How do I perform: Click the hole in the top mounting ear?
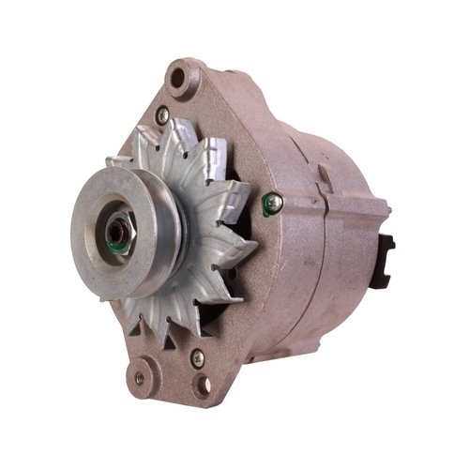click(x=183, y=79)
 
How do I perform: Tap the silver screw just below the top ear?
click(x=162, y=114)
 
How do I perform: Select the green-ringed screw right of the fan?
click(x=273, y=200)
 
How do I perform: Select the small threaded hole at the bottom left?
click(x=140, y=378)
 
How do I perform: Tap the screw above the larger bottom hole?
click(x=196, y=357)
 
